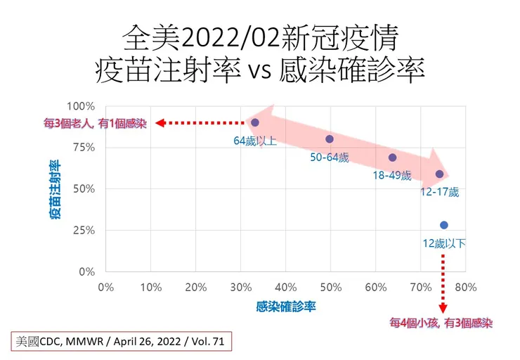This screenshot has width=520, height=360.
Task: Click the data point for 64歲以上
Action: coord(255,122)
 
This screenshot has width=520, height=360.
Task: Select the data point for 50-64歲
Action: coord(330,139)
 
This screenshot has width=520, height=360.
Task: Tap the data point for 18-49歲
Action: coord(392,157)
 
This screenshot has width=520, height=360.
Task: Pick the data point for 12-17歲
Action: coord(439,174)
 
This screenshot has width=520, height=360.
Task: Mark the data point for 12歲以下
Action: coord(443,225)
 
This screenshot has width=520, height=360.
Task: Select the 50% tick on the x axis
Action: coord(331,287)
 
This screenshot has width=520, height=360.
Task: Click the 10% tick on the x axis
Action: coord(151,287)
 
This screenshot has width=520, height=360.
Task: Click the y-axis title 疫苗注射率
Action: coord(54,189)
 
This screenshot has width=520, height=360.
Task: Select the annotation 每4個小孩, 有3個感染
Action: coord(442,323)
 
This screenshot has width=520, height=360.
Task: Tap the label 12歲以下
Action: coord(444,244)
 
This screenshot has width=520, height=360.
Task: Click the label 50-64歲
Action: coord(329,157)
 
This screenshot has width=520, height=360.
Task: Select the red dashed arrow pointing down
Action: coord(443,285)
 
